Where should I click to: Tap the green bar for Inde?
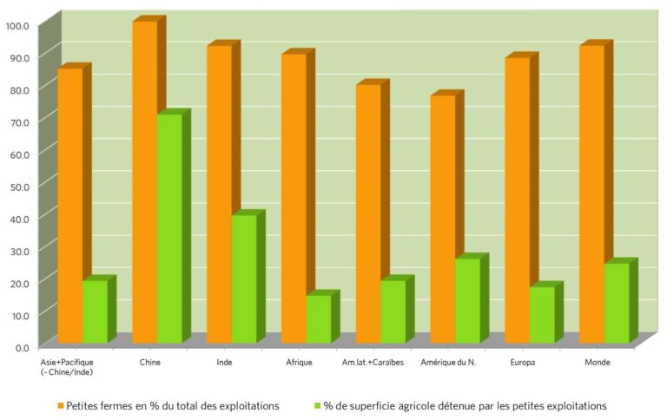click(244, 278)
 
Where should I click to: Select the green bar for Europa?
click(542, 313)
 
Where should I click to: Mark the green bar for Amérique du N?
click(467, 299)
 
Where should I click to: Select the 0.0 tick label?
click(21, 346)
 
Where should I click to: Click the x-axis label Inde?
click(223, 361)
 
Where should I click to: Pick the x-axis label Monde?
click(597, 361)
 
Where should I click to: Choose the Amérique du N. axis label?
click(447, 361)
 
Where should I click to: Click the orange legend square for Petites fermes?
click(60, 405)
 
